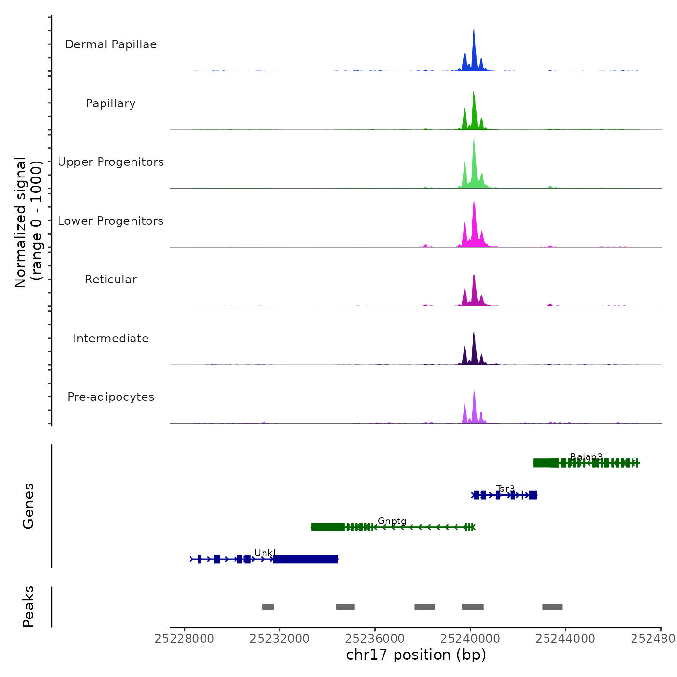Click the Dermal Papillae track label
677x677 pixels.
tap(111, 44)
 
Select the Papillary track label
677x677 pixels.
tap(111, 103)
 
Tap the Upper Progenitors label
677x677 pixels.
tap(111, 162)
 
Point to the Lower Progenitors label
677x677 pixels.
tap(111, 221)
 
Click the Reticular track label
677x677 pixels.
tap(111, 280)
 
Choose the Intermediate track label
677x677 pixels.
tap(111, 338)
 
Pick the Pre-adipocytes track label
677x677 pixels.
tap(111, 397)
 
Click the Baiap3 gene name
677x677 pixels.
tap(587, 457)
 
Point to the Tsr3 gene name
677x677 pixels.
tap(505, 488)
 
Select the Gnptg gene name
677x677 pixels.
tap(392, 521)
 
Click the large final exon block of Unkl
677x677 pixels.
tap(305, 559)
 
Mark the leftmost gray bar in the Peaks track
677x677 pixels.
tap(268, 607)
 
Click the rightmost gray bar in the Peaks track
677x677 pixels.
tap(552, 607)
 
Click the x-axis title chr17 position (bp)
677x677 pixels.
tap(416, 655)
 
